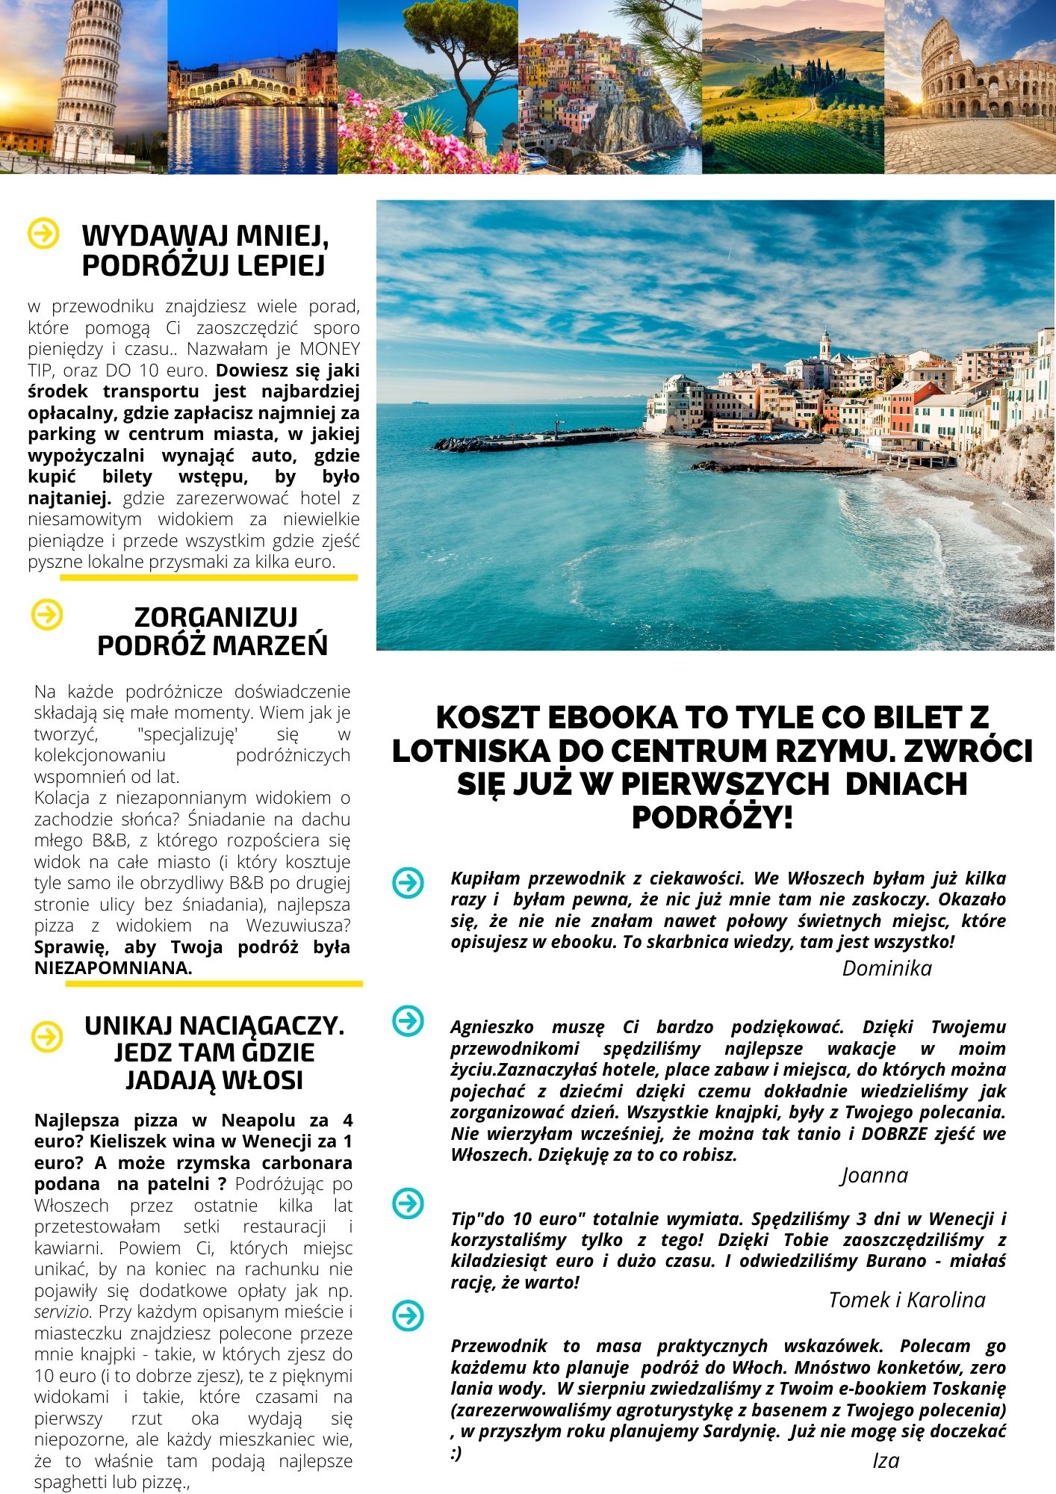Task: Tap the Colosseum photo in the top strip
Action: pyautogui.click(x=969, y=86)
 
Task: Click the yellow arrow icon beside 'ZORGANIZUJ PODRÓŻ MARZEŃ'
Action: pyautogui.click(x=48, y=615)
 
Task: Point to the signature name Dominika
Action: pyautogui.click(x=886, y=968)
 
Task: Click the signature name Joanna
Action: pyautogui.click(x=875, y=1175)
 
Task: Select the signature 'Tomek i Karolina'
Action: pyautogui.click(x=907, y=1300)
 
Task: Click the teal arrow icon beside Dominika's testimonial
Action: pyautogui.click(x=408, y=883)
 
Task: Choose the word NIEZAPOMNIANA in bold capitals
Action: pyautogui.click(x=112, y=968)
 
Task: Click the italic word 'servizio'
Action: pyautogui.click(x=63, y=1312)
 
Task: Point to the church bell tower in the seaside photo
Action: pyautogui.click(x=824, y=344)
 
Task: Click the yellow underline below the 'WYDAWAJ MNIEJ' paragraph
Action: pyautogui.click(x=208, y=577)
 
